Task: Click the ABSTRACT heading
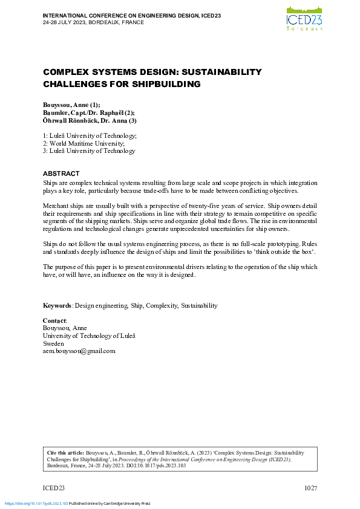61,173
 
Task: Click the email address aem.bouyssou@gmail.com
79,351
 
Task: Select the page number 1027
310,488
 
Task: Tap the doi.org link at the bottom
36,504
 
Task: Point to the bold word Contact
54,320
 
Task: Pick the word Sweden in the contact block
53,343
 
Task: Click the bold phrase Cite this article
65,452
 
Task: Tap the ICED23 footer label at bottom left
53,488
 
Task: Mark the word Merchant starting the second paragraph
56,206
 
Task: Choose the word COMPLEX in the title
64,72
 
